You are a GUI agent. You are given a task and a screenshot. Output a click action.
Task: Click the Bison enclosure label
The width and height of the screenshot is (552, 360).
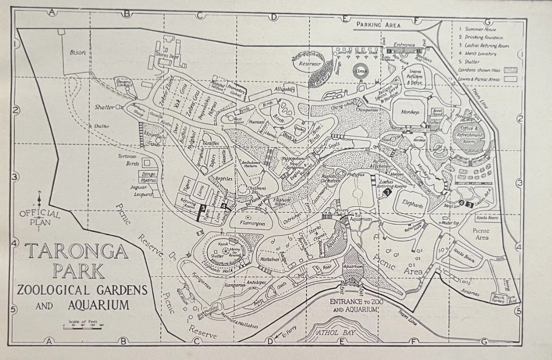(78, 52)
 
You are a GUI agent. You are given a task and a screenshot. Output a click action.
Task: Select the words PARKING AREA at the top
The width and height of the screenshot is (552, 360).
(378, 25)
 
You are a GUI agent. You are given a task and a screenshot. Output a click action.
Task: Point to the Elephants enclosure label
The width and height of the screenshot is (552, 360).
(412, 205)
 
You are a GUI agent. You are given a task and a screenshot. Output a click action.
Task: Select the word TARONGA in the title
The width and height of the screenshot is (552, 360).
(77, 251)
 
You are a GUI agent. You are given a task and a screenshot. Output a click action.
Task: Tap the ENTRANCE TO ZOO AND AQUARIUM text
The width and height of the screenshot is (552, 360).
(355, 305)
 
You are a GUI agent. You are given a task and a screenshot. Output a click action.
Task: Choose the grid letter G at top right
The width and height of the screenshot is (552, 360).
(487, 22)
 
